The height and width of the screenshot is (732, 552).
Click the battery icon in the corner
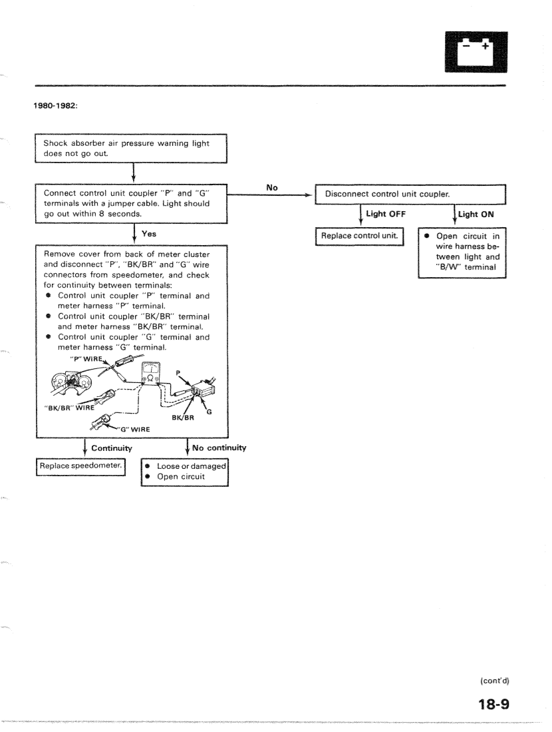pyautogui.click(x=474, y=52)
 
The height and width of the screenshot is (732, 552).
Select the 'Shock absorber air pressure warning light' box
pyautogui.click(x=131, y=148)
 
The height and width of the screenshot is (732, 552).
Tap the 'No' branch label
pyautogui.click(x=272, y=188)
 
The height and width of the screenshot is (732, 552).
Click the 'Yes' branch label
pyautogui.click(x=150, y=234)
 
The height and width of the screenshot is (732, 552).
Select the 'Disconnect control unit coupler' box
pyautogui.click(x=410, y=194)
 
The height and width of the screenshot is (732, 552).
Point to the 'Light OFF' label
pyautogui.click(x=386, y=214)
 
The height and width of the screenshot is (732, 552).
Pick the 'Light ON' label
pyautogui.click(x=476, y=214)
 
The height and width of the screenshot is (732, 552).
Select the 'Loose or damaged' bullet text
pyautogui.click(x=192, y=467)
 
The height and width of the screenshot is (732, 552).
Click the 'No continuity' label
pyautogui.click(x=219, y=448)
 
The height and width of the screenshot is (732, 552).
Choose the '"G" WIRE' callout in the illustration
pyautogui.click(x=134, y=429)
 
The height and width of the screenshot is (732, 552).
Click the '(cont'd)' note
pyautogui.click(x=494, y=680)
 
